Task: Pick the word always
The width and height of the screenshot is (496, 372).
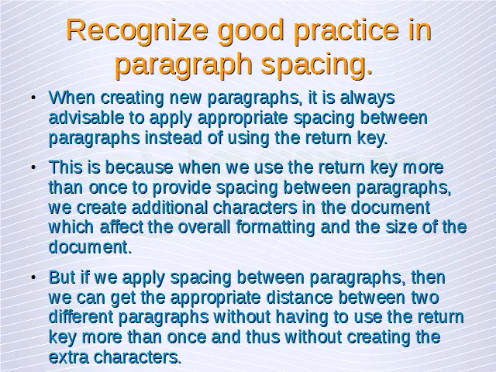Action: [x=368, y=98]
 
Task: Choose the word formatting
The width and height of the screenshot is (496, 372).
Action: [x=291, y=228]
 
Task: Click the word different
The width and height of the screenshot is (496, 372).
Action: [x=81, y=318]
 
